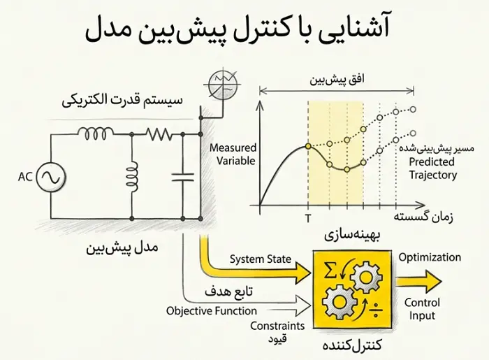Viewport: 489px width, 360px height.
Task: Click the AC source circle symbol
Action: pyautogui.click(x=51, y=177)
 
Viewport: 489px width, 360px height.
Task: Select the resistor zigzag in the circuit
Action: pyautogui.click(x=159, y=134)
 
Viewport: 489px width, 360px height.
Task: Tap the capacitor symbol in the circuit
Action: pyautogui.click(x=183, y=177)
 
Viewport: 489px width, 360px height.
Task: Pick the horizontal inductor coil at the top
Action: pyautogui.click(x=95, y=133)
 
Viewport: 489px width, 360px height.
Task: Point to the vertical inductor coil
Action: pyautogui.click(x=132, y=176)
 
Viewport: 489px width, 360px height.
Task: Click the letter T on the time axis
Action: pyautogui.click(x=308, y=219)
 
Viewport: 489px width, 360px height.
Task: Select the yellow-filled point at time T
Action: pyautogui.click(x=308, y=146)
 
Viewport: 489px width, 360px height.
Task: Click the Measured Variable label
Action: pyautogui.click(x=233, y=154)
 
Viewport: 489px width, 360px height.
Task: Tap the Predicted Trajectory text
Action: pyautogui.click(x=432, y=168)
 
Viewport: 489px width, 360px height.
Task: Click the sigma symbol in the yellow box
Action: pyautogui.click(x=330, y=270)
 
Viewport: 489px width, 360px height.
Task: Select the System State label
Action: pyautogui.click(x=261, y=259)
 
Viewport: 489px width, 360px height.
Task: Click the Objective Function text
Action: pyautogui.click(x=212, y=310)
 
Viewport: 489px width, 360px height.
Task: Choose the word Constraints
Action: pyautogui.click(x=277, y=326)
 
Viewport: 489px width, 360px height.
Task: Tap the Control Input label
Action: pyautogui.click(x=422, y=309)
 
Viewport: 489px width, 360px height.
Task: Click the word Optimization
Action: pyautogui.click(x=430, y=257)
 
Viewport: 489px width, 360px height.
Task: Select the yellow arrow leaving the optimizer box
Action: pyautogui.click(x=419, y=282)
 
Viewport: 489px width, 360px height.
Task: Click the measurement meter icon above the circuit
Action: pyautogui.click(x=223, y=84)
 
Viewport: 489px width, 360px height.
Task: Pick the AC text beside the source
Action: pyautogui.click(x=25, y=177)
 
